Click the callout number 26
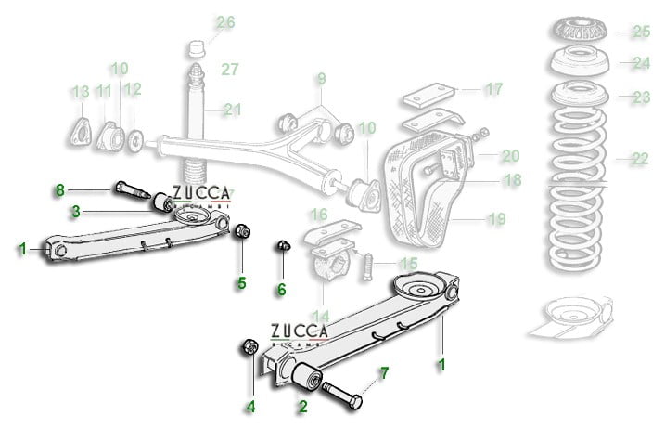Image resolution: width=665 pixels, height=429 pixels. pos(225,22)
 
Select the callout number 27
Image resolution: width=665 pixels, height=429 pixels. pos(229,69)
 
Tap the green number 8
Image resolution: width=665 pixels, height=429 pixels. pos(60,190)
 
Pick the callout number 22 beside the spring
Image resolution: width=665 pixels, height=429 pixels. pos(638,159)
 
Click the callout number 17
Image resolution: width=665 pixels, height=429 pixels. pos(492,90)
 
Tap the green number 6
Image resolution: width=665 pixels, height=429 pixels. pos(281,290)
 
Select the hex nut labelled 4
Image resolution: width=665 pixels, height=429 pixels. pos(249,347)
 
